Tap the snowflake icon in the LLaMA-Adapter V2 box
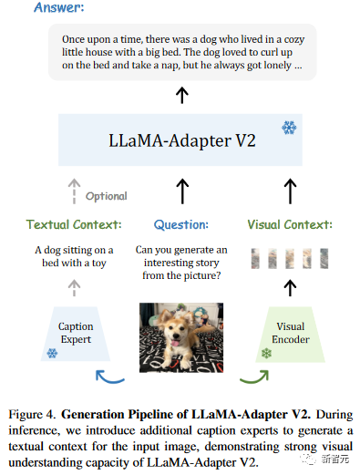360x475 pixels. [288, 127]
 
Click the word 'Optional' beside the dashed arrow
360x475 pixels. [107, 195]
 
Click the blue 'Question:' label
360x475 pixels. [181, 224]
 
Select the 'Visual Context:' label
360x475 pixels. [290, 224]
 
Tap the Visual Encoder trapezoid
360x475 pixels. [291, 334]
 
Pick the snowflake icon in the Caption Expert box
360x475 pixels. [52, 352]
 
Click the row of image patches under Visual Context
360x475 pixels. [290, 258]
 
